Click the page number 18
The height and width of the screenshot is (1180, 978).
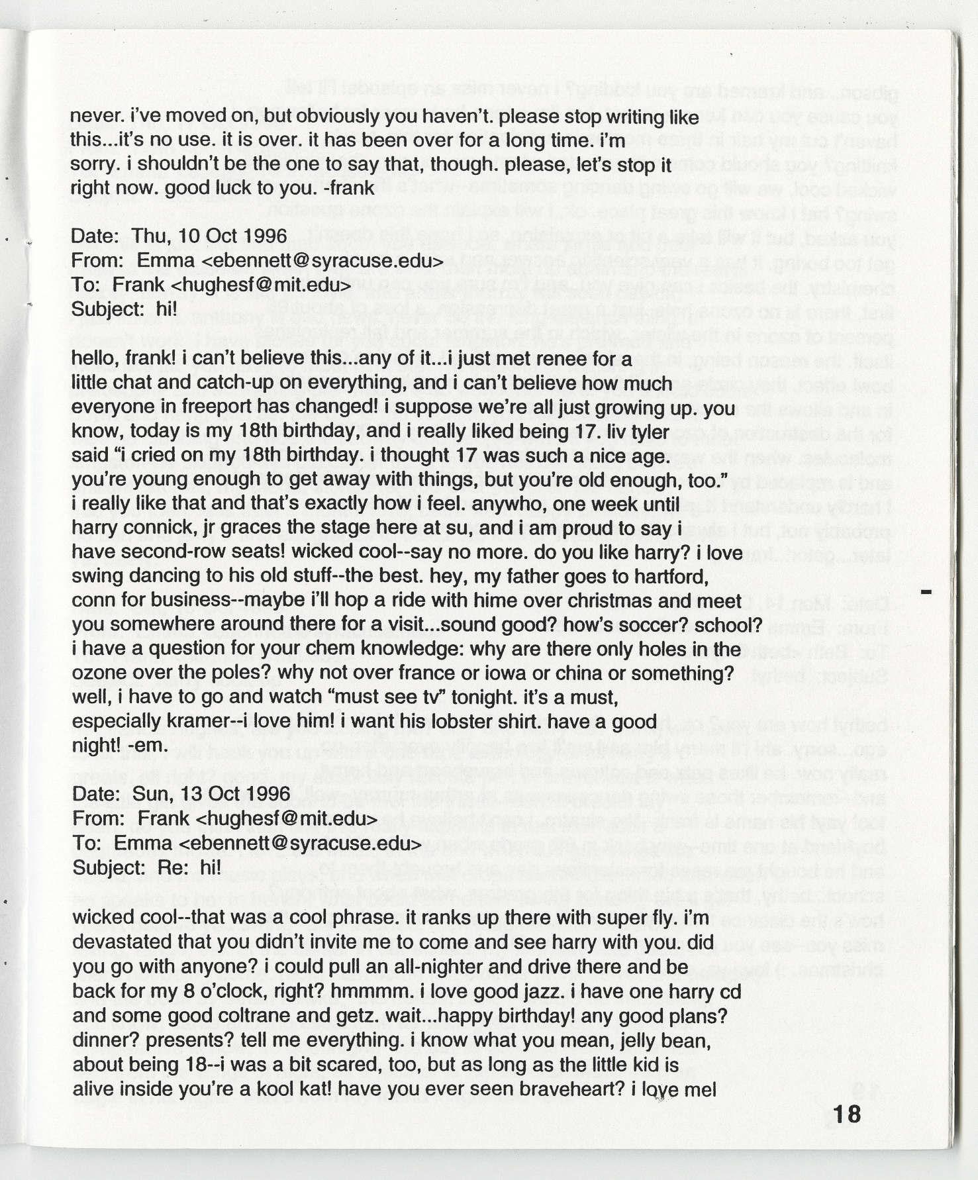click(x=847, y=1114)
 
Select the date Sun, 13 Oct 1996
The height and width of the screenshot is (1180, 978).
click(x=211, y=794)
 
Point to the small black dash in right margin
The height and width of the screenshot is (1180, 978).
click(x=926, y=590)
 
